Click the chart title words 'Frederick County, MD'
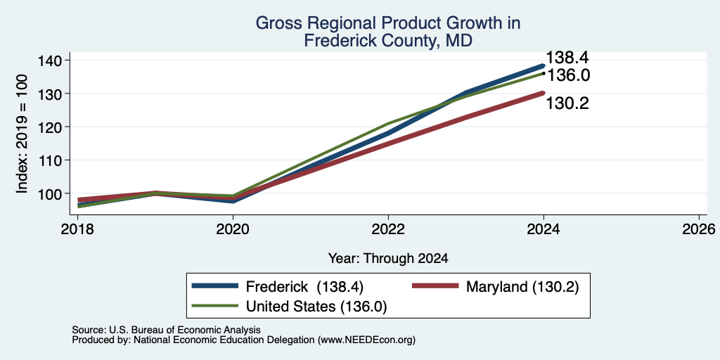point(388,41)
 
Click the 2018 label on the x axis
point(77,229)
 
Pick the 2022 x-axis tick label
point(388,229)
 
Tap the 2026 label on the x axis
point(699,229)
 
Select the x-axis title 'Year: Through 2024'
point(388,259)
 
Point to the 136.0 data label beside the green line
point(567,75)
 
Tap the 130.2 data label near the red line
point(567,104)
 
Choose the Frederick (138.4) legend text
point(305,287)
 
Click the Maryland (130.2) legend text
point(522,287)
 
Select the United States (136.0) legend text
point(316,307)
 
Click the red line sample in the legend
point(436,286)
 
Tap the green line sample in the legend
point(216,306)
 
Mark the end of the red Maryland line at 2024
point(544,94)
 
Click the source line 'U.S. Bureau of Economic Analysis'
point(185,330)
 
